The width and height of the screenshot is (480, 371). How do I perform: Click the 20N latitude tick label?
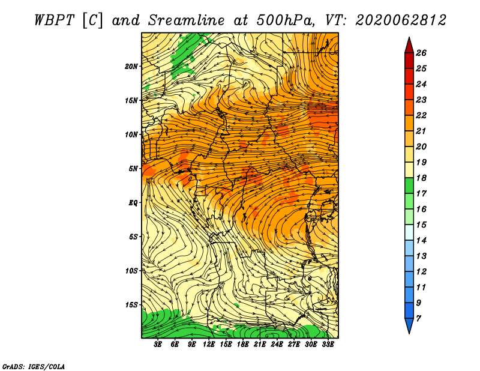coord(131,66)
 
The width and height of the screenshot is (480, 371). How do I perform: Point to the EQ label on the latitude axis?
coord(133,202)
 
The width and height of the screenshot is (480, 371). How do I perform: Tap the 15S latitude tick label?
coord(131,305)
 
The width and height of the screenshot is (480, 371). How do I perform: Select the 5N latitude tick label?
coord(133,169)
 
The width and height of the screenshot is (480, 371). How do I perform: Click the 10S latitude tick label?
coord(131,271)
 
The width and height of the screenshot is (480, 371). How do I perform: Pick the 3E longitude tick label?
coord(158,345)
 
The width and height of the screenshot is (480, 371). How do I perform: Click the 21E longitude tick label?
coord(260,345)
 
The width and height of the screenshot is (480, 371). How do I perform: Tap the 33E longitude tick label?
coord(328,345)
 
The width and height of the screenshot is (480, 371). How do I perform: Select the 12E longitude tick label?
coord(209,345)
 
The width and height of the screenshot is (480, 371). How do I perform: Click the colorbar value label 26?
coord(421,53)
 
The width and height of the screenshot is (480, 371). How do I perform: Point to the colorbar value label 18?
coord(421,178)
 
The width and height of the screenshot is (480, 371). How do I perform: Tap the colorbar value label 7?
coord(418,319)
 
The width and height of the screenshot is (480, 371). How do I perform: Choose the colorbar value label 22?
coord(421,115)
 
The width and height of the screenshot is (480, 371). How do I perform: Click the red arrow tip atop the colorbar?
coord(409,37)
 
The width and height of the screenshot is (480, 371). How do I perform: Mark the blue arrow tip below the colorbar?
coord(409,333)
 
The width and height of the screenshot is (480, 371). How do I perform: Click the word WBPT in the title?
coord(54,20)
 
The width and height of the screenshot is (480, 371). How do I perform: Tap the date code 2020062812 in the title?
coord(401,20)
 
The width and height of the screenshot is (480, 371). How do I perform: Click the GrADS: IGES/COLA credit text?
coord(34,367)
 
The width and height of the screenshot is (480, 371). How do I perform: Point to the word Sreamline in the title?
coord(187,20)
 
